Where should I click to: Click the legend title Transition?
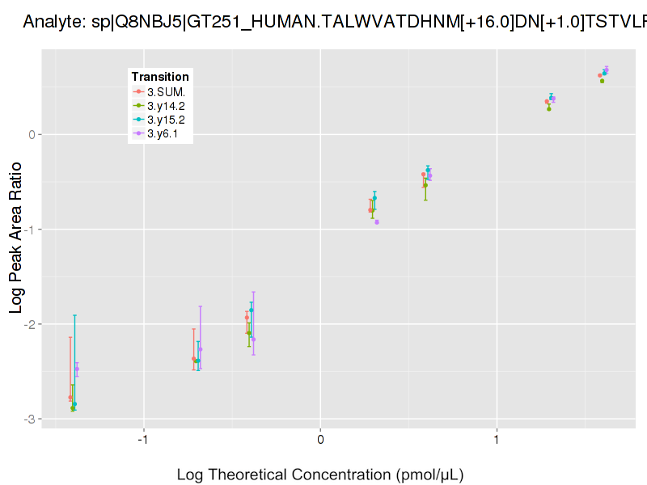pyautogui.click(x=160, y=77)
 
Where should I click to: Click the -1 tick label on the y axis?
pyautogui.click(x=28, y=230)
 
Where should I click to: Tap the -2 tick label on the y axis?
pyautogui.click(x=28, y=324)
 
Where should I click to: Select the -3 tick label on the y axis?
pyautogui.click(x=28, y=419)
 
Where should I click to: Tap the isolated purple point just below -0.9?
pyautogui.click(x=377, y=222)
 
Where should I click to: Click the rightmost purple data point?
pyautogui.click(x=607, y=70)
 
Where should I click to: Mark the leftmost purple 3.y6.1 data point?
pyautogui.click(x=77, y=369)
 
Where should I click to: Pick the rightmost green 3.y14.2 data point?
pyautogui.click(x=602, y=81)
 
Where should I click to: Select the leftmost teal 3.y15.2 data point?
pyautogui.click(x=74, y=404)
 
